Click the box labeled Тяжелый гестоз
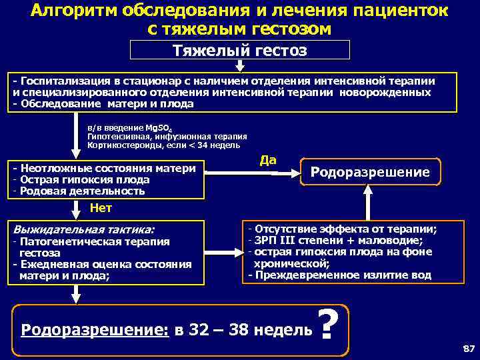(x=239, y=50)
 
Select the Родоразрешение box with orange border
(x=371, y=172)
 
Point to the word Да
(x=268, y=160)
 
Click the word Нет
(x=101, y=207)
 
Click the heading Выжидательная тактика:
(x=83, y=229)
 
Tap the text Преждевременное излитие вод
(x=342, y=275)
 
